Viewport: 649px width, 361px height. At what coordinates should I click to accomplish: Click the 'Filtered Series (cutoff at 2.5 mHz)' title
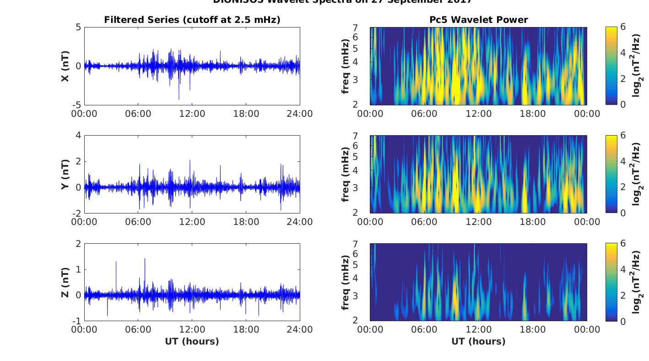(192, 20)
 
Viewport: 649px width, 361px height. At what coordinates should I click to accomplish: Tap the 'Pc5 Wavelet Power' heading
(478, 20)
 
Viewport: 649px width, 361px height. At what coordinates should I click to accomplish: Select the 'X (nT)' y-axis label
(65, 66)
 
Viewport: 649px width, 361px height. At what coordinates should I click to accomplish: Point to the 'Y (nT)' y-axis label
(65, 175)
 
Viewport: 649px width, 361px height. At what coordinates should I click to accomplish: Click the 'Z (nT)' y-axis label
(65, 283)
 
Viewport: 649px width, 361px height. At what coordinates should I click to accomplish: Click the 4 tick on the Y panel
(78, 136)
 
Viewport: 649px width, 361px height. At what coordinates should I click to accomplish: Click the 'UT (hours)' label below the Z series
(192, 341)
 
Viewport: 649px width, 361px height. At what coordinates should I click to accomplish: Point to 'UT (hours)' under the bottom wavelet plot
(478, 341)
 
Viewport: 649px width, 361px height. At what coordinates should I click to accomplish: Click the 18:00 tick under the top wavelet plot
(533, 114)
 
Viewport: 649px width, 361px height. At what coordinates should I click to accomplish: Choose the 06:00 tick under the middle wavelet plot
(424, 222)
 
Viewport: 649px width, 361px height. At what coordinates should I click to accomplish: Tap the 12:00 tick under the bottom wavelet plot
(478, 330)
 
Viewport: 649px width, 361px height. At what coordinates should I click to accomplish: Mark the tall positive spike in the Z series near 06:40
(145, 259)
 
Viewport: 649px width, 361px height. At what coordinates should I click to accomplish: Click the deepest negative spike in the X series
(179, 98)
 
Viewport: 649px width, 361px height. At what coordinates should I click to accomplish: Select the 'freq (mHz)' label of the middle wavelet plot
(346, 175)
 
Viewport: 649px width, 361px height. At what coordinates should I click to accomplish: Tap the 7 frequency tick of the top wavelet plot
(361, 28)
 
